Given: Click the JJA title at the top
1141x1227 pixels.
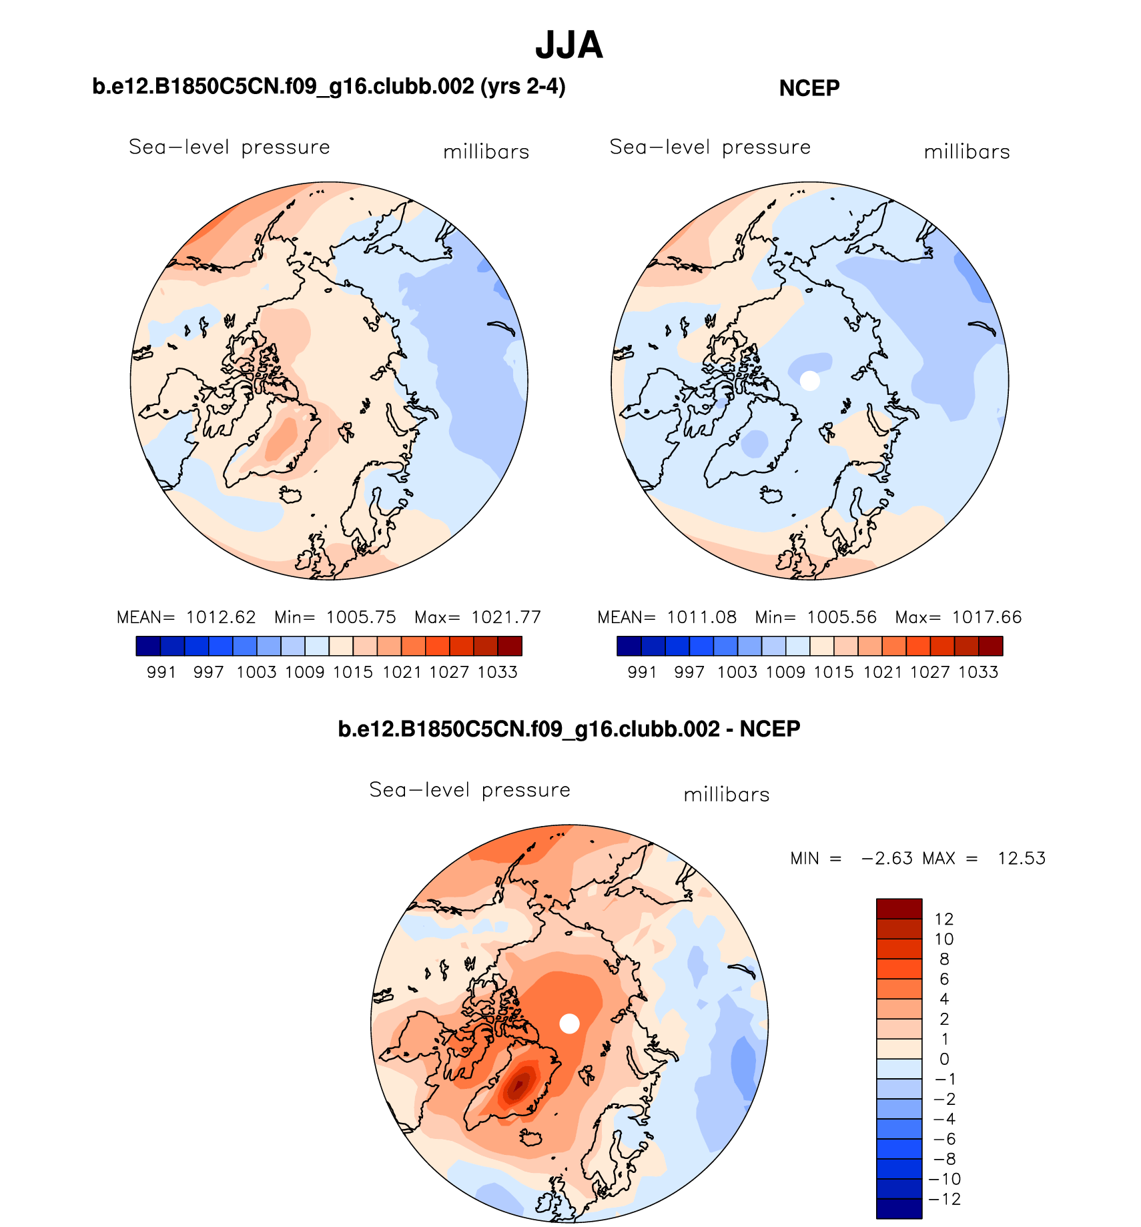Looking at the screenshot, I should (x=569, y=45).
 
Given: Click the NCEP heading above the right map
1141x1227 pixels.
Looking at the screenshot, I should (x=809, y=88).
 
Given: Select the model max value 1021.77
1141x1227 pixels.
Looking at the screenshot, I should (x=506, y=617).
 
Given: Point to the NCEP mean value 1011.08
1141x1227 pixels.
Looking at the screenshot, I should (x=702, y=617).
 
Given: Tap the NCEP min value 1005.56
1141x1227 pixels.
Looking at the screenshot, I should (x=841, y=617).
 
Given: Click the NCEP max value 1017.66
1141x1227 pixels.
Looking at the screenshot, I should (x=986, y=617).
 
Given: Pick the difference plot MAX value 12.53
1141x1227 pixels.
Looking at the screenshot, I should (x=1021, y=858).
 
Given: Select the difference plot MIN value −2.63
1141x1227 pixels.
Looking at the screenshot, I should (x=887, y=858).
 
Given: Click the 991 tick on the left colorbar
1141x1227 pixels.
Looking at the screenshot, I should (x=161, y=672).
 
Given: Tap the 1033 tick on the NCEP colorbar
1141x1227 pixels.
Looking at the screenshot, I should (x=978, y=672).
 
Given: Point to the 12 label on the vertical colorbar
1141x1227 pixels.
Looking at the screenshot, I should (x=944, y=919).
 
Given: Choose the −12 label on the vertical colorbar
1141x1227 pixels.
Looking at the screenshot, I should (x=944, y=1199).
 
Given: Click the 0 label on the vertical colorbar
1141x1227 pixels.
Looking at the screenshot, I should (x=944, y=1059).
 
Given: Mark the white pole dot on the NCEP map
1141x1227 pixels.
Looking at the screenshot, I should (x=809, y=380).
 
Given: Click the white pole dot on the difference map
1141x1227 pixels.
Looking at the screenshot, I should (x=569, y=1024).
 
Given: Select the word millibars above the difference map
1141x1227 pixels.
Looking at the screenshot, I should (x=727, y=795).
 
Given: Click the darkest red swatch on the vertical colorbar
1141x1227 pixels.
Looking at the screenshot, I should (x=899, y=909).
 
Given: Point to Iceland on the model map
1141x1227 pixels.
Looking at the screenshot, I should (x=290, y=494).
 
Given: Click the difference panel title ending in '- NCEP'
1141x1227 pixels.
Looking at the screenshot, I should (x=569, y=729).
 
